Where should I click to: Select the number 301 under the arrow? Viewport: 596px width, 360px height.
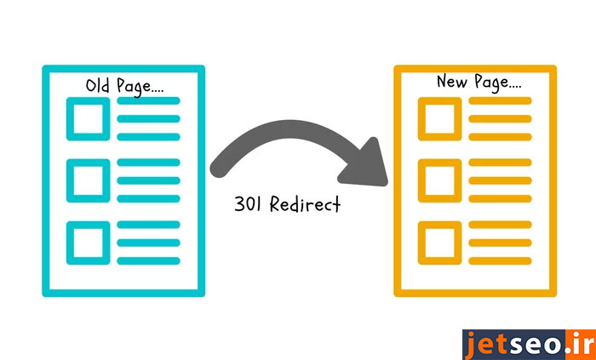pyautogui.click(x=249, y=205)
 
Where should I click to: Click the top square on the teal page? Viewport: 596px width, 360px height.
pyautogui.click(x=88, y=117)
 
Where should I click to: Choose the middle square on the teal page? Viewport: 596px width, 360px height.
pyautogui.click(x=88, y=179)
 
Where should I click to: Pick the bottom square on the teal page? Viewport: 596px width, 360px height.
pyautogui.click(x=88, y=241)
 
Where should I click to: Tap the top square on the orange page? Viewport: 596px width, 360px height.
pyautogui.click(x=439, y=117)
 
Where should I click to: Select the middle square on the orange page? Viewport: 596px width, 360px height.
pyautogui.click(x=439, y=179)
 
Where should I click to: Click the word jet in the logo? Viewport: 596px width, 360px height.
pyautogui.click(x=486, y=345)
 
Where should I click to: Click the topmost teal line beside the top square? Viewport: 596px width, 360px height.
pyautogui.click(x=148, y=101)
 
